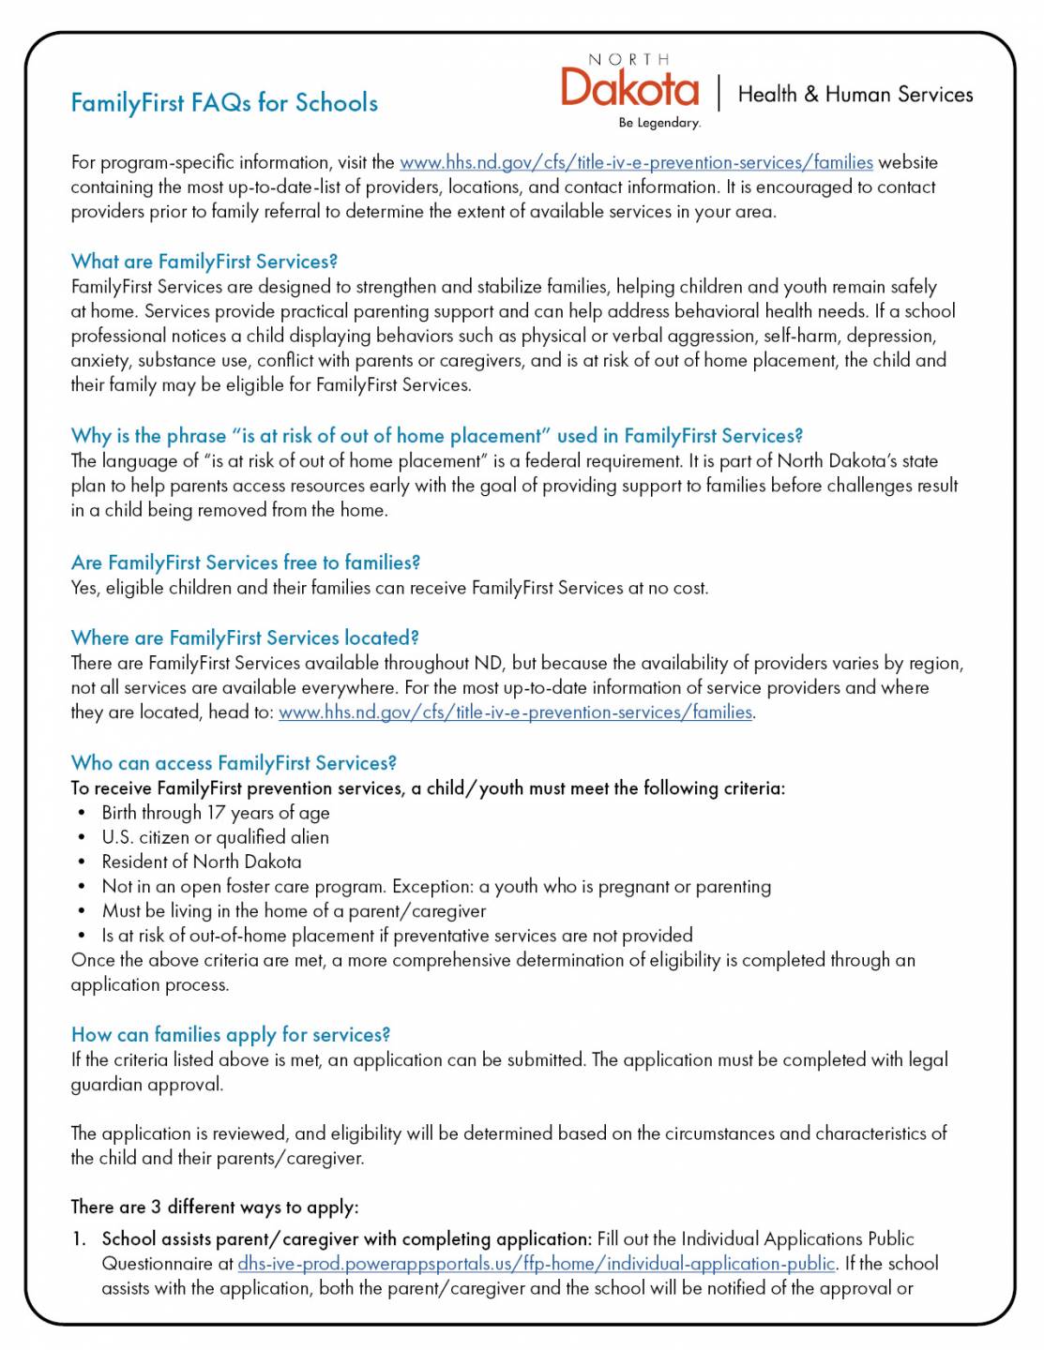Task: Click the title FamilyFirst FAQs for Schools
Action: pyautogui.click(x=224, y=102)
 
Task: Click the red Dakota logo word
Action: pyautogui.click(x=629, y=88)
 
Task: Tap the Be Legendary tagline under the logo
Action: pyautogui.click(x=658, y=123)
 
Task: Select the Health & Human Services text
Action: pyautogui.click(x=855, y=94)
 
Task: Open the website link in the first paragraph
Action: pyautogui.click(x=636, y=162)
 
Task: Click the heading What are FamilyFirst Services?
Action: pyautogui.click(x=204, y=262)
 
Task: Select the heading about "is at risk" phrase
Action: pyautogui.click(x=436, y=436)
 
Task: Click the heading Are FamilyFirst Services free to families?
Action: pyautogui.click(x=245, y=562)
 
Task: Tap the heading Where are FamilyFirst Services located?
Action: pyautogui.click(x=244, y=637)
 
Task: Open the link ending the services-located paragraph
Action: pyautogui.click(x=515, y=712)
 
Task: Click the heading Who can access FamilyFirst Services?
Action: pyautogui.click(x=234, y=763)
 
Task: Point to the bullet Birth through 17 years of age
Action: pyautogui.click(x=215, y=813)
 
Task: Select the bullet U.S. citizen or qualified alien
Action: pyautogui.click(x=215, y=837)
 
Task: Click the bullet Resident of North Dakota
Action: pyautogui.click(x=201, y=862)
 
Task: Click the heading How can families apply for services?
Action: pyautogui.click(x=230, y=1035)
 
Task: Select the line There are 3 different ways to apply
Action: pyautogui.click(x=214, y=1207)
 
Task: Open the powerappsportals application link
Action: pyautogui.click(x=536, y=1264)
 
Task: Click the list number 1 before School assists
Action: pyautogui.click(x=79, y=1239)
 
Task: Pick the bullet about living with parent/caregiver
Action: pyautogui.click(x=294, y=910)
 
